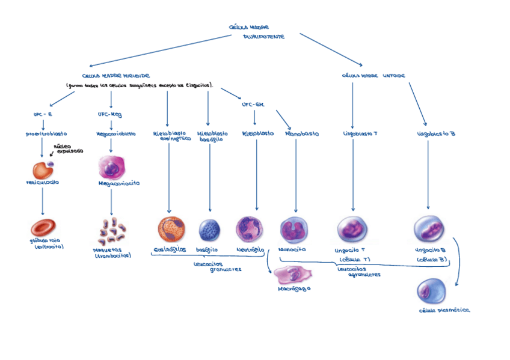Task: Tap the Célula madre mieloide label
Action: coord(115,76)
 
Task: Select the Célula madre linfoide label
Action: coord(373,76)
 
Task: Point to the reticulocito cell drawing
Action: coord(42,169)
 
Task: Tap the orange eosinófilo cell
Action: coord(171,230)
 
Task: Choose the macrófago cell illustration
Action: coord(293,275)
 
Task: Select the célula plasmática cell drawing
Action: coord(431,291)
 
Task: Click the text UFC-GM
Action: coord(253,104)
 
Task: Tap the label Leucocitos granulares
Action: coord(217,266)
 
